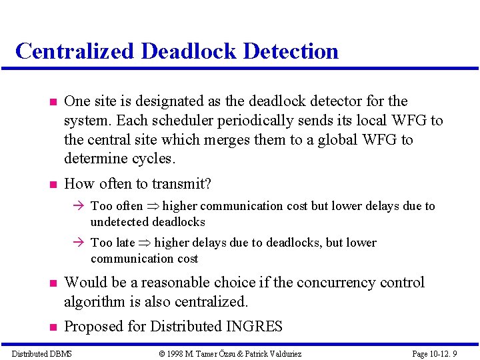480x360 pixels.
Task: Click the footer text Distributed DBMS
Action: tap(42, 353)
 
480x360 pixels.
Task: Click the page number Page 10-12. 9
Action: tap(435, 353)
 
